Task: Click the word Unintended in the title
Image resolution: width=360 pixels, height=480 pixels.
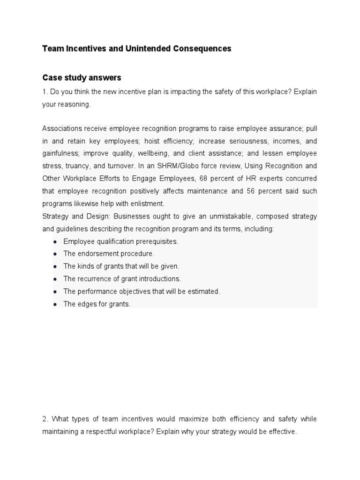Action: [142, 49]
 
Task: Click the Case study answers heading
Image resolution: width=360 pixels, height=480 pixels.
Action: [82, 77]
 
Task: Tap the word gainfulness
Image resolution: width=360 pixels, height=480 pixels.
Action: [61, 154]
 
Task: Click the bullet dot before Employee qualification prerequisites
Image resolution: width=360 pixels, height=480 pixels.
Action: [55, 241]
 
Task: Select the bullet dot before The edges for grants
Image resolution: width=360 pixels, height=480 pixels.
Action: [55, 304]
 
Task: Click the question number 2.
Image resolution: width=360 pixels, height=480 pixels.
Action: [45, 419]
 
